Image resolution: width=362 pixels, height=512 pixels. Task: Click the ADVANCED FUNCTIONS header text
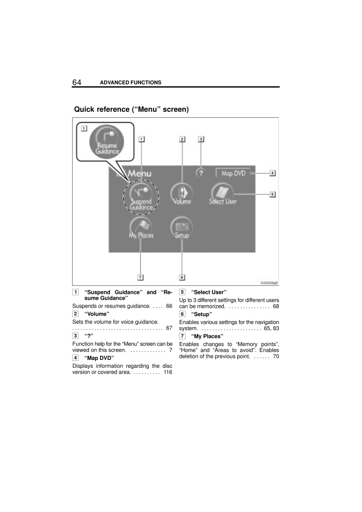(x=131, y=82)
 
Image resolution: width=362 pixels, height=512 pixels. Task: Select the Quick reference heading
(x=131, y=109)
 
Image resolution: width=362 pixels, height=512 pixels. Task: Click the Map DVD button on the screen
(x=233, y=173)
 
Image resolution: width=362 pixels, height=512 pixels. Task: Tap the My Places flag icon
(x=141, y=229)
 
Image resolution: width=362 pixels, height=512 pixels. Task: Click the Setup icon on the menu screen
(x=182, y=229)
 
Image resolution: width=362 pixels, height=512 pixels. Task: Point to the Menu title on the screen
(x=139, y=174)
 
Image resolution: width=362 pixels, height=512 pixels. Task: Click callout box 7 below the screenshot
(x=141, y=277)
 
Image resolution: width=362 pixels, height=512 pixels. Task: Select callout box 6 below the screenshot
(x=182, y=277)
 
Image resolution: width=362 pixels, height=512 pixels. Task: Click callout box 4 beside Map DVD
(x=272, y=173)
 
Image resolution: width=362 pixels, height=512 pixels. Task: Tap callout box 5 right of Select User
(x=272, y=194)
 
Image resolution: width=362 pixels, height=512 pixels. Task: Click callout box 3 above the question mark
(x=201, y=140)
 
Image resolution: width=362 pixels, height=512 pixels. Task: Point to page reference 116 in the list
(x=168, y=372)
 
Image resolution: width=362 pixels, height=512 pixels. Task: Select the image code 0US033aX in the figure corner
(x=269, y=282)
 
